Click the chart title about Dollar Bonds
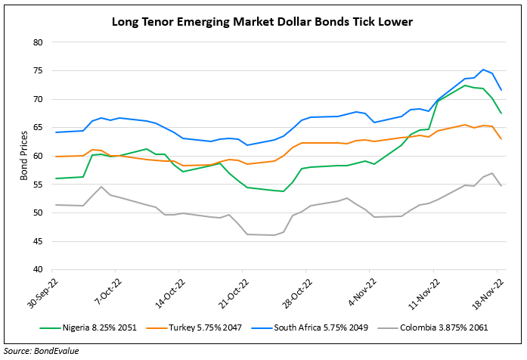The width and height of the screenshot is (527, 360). coord(262,21)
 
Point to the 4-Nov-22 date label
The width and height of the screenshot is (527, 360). coord(354,290)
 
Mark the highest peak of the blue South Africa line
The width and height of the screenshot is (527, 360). coord(483,70)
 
